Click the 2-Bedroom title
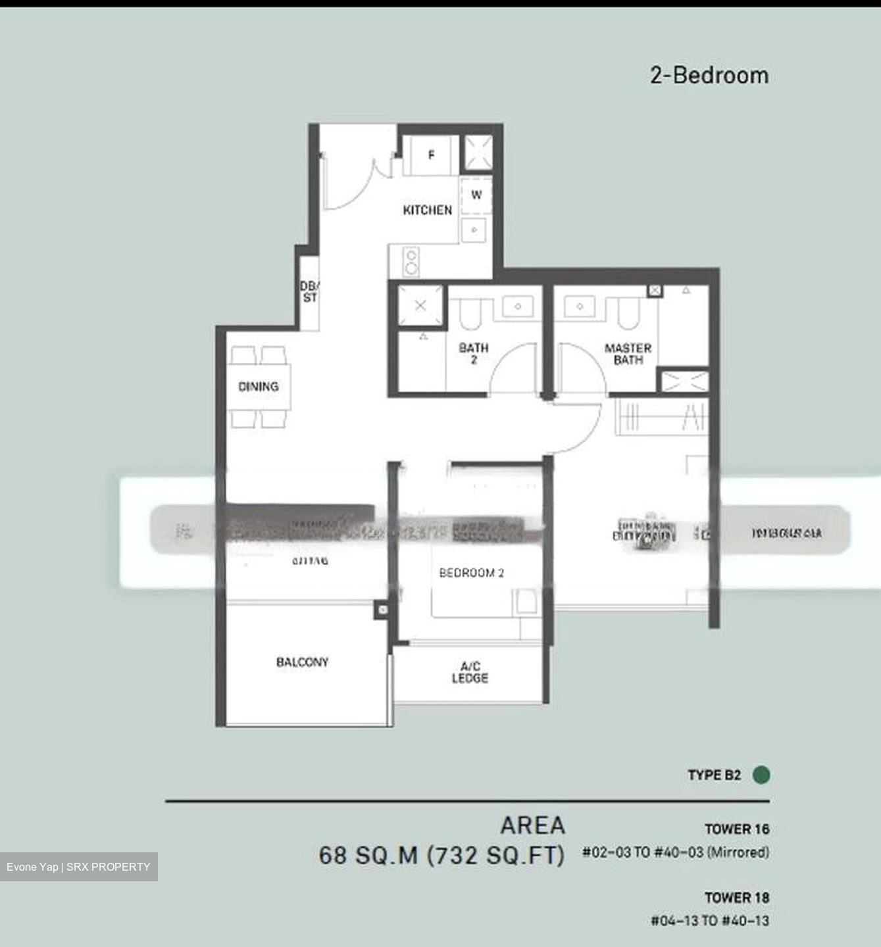(x=709, y=76)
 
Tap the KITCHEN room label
(x=427, y=210)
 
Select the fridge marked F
(x=431, y=156)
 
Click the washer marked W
(x=476, y=195)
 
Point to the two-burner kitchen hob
(x=412, y=262)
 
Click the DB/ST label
(x=309, y=292)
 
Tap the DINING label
(x=258, y=387)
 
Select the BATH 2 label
(x=473, y=353)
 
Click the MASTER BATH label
(x=628, y=354)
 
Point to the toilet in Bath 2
(x=470, y=314)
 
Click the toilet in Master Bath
(x=628, y=314)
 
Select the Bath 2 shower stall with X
(x=420, y=306)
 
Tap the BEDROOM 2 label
(x=471, y=573)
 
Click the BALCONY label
(x=302, y=662)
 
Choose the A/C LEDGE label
(x=470, y=672)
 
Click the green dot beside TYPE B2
(x=761, y=775)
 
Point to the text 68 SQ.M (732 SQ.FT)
(x=441, y=856)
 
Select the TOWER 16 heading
(x=736, y=829)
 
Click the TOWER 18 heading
(x=736, y=898)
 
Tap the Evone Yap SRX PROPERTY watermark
(x=78, y=867)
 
